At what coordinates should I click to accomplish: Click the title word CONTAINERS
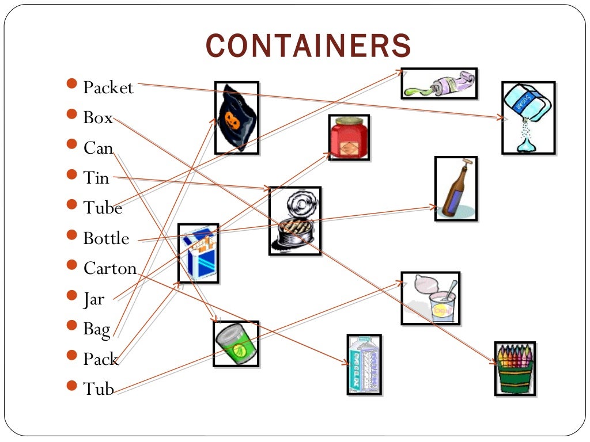coord(308,47)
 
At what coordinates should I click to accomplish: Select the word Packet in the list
coord(108,88)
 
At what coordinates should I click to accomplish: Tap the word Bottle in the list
coord(106,238)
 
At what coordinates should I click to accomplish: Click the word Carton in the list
coord(109,268)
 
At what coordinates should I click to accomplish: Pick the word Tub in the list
coord(99,389)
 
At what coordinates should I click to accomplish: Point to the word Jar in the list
coord(94,299)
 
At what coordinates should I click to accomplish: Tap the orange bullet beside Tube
coord(71,204)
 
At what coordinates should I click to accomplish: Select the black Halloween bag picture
coord(236,118)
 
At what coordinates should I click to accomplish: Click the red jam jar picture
coord(349,138)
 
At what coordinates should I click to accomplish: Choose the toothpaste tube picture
coord(439,83)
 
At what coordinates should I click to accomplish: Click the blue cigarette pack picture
coord(198,253)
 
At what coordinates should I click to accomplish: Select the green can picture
coord(236,344)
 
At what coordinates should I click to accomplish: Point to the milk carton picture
coord(364,364)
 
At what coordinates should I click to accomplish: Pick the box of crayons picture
coord(515,368)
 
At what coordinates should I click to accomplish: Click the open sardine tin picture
coord(294,220)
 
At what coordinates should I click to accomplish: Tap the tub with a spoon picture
coord(430,298)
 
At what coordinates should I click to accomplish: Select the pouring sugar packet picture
coord(528,117)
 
